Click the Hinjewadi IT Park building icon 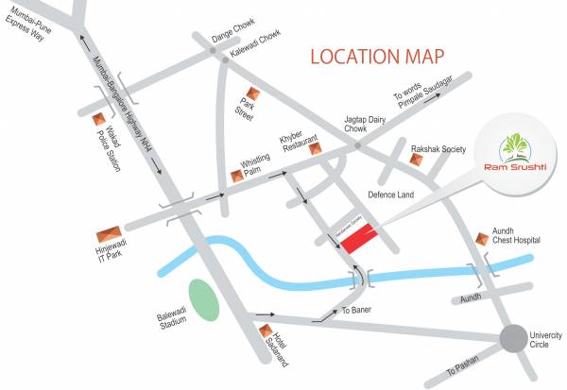tap(110, 234)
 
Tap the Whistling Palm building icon tap(236, 176)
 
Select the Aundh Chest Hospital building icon tap(483, 234)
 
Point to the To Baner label tap(358, 310)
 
